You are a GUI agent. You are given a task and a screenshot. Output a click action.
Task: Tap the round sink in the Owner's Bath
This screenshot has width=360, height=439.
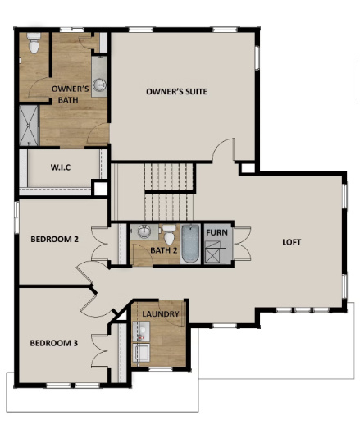click(x=99, y=84)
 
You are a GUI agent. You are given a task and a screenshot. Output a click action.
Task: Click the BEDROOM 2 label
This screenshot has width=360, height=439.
click(x=54, y=240)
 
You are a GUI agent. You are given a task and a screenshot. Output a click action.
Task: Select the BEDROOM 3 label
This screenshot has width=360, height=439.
click(x=54, y=342)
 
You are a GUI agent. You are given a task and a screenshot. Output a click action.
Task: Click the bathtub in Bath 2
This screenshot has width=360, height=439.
click(x=189, y=245)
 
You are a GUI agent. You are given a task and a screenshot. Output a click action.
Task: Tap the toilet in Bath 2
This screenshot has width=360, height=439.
click(x=168, y=234)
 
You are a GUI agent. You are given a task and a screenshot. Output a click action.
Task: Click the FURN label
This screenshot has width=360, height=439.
click(x=217, y=232)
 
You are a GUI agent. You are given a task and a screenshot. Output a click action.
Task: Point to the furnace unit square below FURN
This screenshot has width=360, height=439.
click(x=217, y=254)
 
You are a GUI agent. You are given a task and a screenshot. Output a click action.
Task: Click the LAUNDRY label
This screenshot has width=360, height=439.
click(x=161, y=314)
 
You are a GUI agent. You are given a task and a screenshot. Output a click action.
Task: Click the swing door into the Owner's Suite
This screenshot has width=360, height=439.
click(x=224, y=149)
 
